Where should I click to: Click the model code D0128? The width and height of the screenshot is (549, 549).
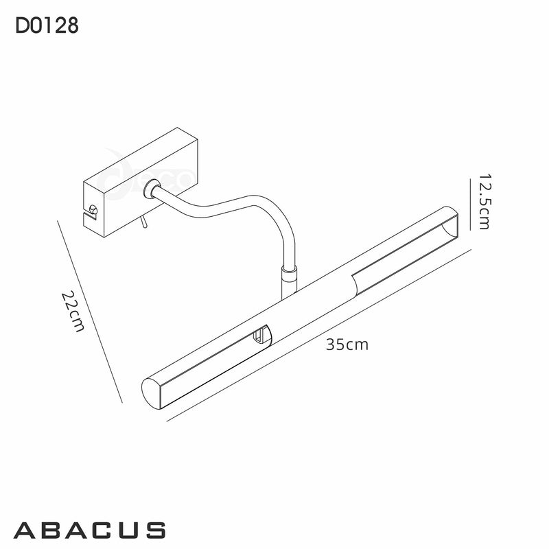[46, 26]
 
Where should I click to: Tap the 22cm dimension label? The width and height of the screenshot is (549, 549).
[72, 310]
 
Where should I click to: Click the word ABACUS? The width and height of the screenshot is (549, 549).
[89, 530]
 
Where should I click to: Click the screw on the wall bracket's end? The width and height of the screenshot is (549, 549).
[93, 209]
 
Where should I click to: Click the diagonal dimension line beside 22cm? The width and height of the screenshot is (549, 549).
[91, 312]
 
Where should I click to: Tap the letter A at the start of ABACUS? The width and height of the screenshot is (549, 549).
[25, 530]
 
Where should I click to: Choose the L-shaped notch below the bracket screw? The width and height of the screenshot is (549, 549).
[89, 220]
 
